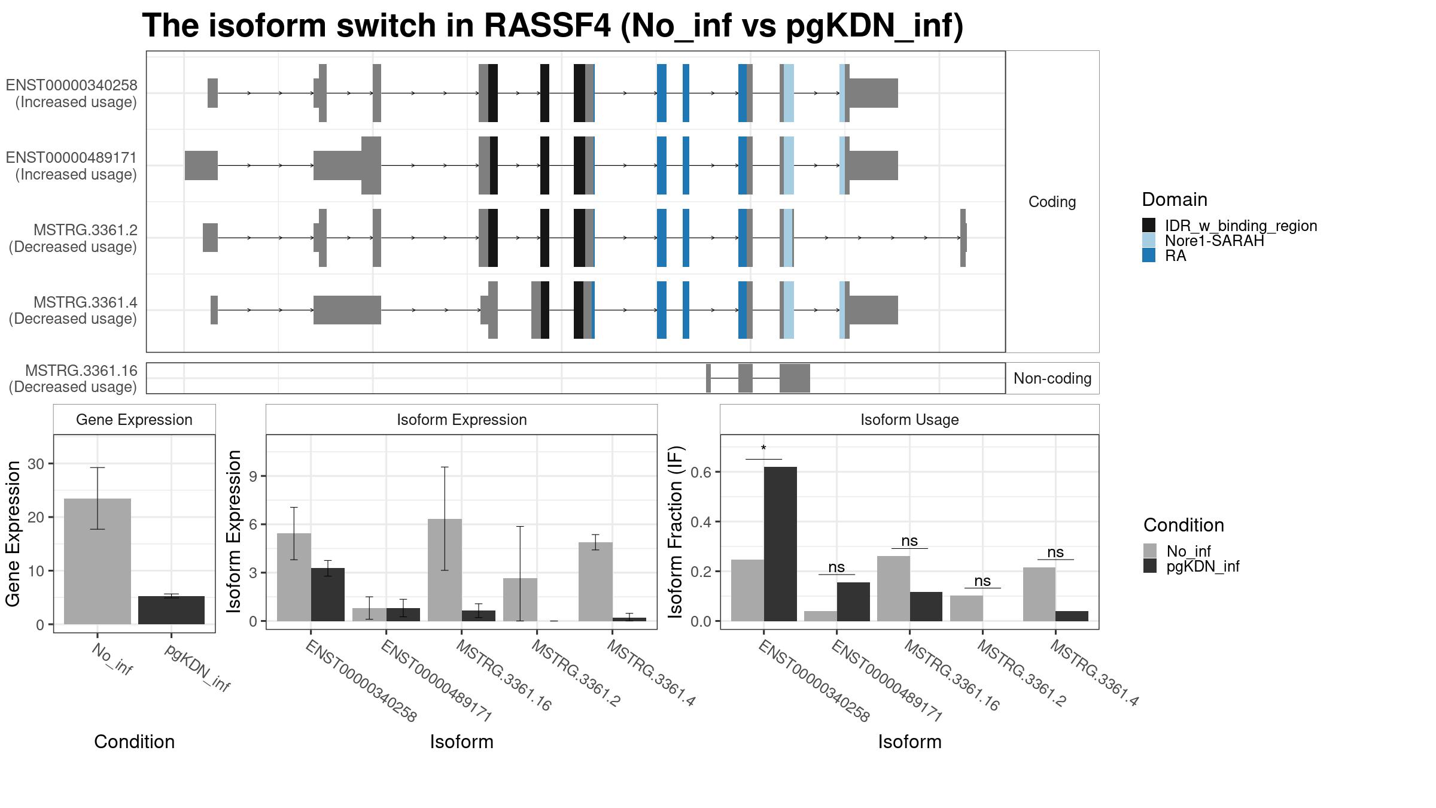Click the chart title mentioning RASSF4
coord(552,26)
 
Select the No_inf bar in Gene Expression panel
coord(98,561)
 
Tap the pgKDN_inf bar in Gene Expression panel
coord(171,610)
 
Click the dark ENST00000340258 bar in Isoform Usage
coord(780,544)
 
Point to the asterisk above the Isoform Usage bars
coord(763,448)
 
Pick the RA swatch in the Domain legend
coord(1149,256)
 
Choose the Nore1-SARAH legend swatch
coord(1149,241)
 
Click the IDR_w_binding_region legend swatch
coord(1149,226)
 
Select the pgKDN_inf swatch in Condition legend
coord(1150,566)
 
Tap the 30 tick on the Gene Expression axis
coord(36,464)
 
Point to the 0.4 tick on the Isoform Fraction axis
coord(701,522)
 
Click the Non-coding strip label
coord(1052,378)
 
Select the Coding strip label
coord(1052,202)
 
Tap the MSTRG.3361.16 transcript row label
coord(73,379)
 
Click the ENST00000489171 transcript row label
coord(72,166)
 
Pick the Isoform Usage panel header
coord(909,420)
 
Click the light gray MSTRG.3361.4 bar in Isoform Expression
coord(596,582)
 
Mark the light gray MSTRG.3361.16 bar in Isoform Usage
coord(893,588)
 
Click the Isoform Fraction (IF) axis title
coord(676,531)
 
